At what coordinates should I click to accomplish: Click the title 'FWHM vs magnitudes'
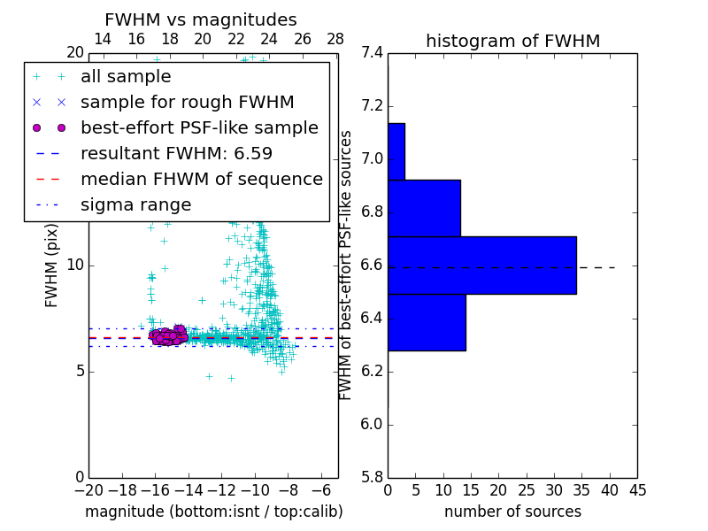point(201,20)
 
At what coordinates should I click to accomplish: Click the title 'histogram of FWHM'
point(512,42)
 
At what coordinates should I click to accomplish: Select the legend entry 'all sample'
point(126,77)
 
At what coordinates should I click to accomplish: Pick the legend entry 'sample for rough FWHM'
point(187,103)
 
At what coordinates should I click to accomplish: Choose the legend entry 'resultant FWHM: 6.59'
point(176,153)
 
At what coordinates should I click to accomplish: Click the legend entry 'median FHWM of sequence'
point(201,179)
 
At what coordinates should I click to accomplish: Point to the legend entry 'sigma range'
point(135,204)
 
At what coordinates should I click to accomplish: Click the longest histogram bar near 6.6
point(481,265)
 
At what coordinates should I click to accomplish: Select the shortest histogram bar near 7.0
point(396,151)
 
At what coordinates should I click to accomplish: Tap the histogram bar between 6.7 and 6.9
point(424,208)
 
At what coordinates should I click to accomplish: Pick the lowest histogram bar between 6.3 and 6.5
point(427,322)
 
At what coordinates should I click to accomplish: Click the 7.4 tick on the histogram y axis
point(372,53)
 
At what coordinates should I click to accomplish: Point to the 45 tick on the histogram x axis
point(637,489)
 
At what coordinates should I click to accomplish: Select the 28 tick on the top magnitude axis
point(335,39)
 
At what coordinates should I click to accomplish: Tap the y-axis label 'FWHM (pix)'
point(52,265)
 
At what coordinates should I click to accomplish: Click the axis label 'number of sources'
point(512,512)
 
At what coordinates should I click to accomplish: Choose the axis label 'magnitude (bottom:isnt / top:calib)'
point(213,512)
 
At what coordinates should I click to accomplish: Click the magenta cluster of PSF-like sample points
point(168,335)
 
